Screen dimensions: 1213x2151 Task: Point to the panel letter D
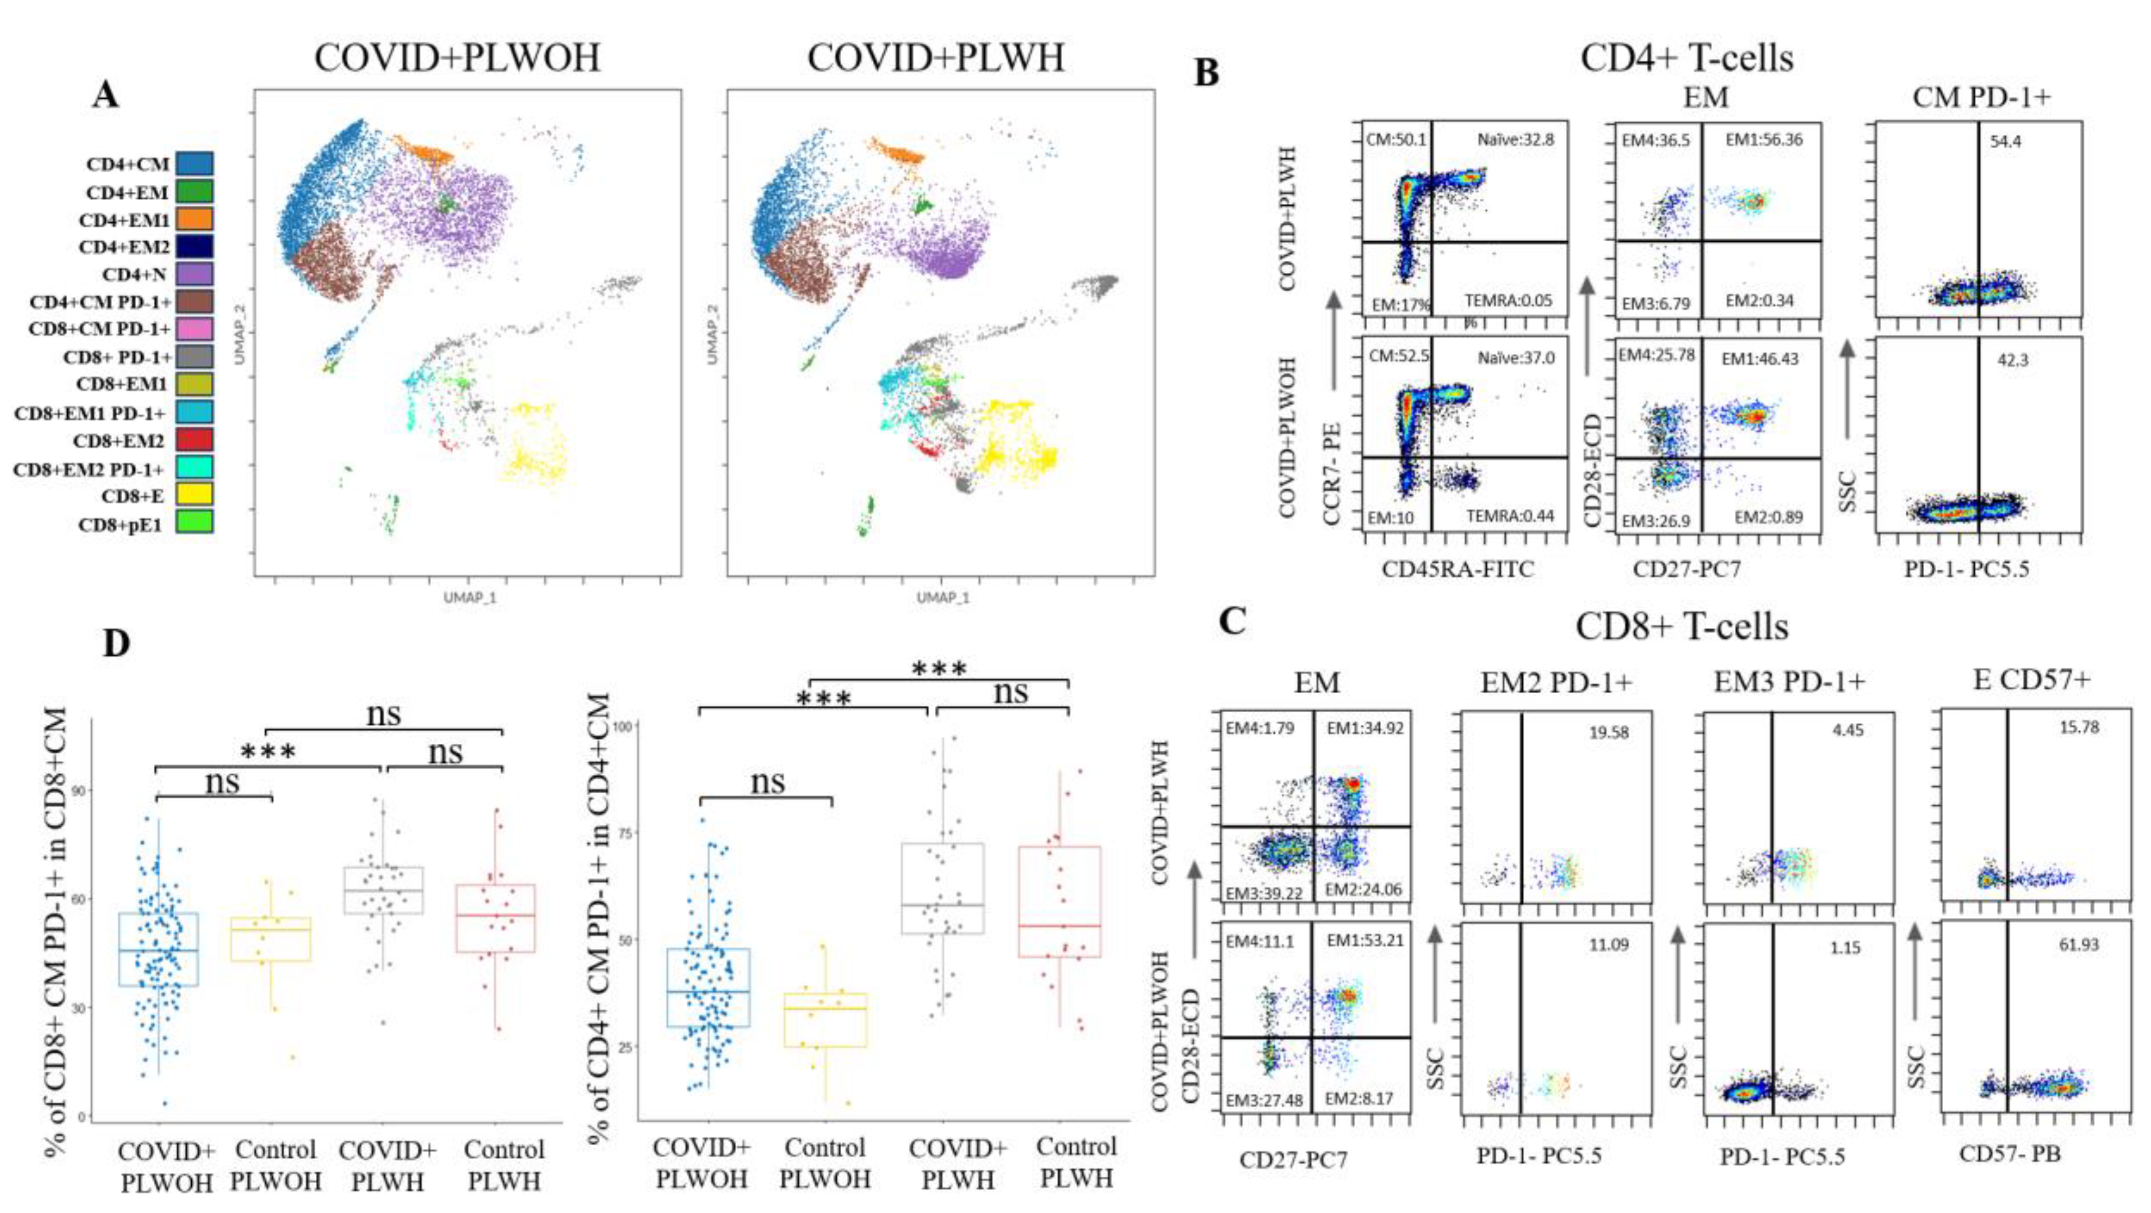coord(116,643)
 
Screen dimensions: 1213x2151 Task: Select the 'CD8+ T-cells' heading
coord(1682,627)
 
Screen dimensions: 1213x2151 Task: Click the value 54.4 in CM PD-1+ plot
coord(2005,142)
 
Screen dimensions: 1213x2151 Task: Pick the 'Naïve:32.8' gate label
coord(1515,140)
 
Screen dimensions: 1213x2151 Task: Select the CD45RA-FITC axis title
coord(1458,570)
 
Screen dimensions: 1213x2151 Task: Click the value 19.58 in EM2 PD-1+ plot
coord(1608,733)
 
